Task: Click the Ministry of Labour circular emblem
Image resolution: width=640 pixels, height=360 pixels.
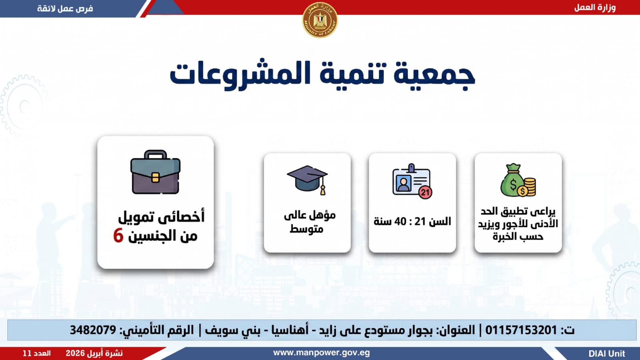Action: pyautogui.click(x=320, y=20)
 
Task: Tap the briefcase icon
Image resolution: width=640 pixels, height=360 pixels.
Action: pyautogui.click(x=156, y=172)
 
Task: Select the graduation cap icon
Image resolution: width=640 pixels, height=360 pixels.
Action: pyautogui.click(x=308, y=180)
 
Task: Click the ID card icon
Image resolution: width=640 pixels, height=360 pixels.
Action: pyautogui.click(x=412, y=181)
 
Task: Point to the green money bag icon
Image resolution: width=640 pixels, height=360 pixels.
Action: pyautogui.click(x=518, y=180)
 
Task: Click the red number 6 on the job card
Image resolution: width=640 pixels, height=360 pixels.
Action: pyautogui.click(x=118, y=236)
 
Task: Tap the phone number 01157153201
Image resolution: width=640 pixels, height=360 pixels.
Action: pyautogui.click(x=521, y=330)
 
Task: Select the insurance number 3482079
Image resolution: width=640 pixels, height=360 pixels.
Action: pyautogui.click(x=93, y=330)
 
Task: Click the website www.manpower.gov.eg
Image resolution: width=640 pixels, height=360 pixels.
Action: pyautogui.click(x=322, y=353)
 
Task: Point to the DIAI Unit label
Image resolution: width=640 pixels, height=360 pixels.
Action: pyautogui.click(x=607, y=354)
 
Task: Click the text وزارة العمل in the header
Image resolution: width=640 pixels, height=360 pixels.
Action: pyautogui.click(x=595, y=8)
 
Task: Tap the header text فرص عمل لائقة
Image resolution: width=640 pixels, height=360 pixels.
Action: pyautogui.click(x=65, y=8)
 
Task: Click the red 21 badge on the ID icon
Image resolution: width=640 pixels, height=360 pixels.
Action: pyautogui.click(x=425, y=192)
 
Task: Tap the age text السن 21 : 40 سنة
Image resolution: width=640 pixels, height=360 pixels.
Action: pyautogui.click(x=412, y=222)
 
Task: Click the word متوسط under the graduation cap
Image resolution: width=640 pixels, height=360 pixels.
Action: pyautogui.click(x=306, y=229)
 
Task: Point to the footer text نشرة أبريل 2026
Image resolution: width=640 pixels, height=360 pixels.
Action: pyautogui.click(x=94, y=354)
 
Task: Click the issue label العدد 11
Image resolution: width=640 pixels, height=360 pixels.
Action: pyautogui.click(x=36, y=354)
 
